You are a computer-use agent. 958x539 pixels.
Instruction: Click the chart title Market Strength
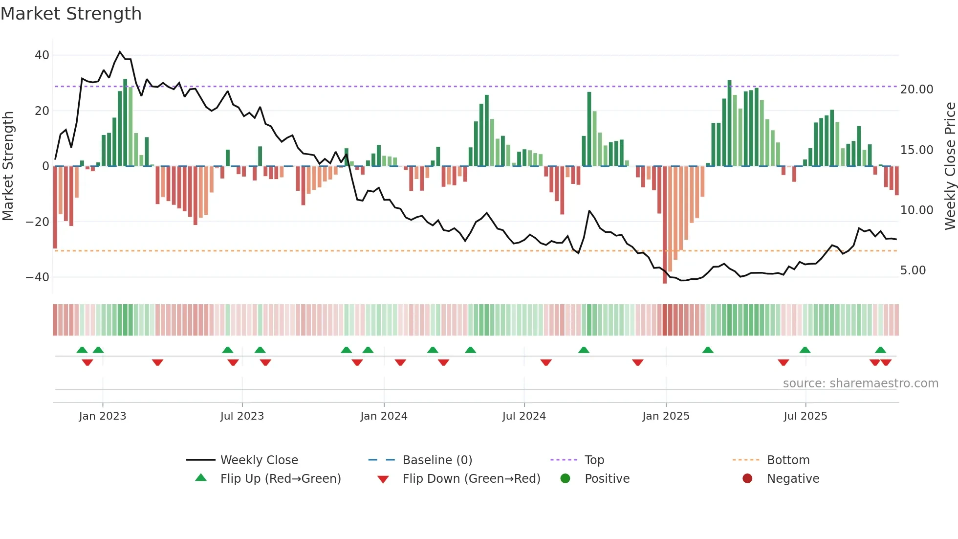click(71, 14)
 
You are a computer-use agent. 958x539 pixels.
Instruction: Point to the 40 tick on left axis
click(42, 55)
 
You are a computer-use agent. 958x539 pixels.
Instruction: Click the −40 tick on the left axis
click(38, 277)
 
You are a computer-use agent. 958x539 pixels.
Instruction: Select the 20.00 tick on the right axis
click(916, 90)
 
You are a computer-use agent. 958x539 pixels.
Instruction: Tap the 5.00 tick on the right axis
click(913, 270)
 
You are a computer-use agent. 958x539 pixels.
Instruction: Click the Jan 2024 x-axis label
click(384, 416)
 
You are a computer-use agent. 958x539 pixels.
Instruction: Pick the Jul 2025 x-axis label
click(805, 416)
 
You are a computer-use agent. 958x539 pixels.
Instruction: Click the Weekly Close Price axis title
click(950, 166)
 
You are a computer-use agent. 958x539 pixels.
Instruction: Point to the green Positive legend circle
click(566, 478)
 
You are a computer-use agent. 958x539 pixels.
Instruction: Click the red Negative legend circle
click(747, 478)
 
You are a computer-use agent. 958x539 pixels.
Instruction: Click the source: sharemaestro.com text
click(860, 383)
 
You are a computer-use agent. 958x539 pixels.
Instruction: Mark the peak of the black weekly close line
click(120, 51)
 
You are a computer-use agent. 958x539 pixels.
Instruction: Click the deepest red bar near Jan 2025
click(665, 225)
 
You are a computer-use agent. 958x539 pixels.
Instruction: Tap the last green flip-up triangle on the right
click(880, 350)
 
